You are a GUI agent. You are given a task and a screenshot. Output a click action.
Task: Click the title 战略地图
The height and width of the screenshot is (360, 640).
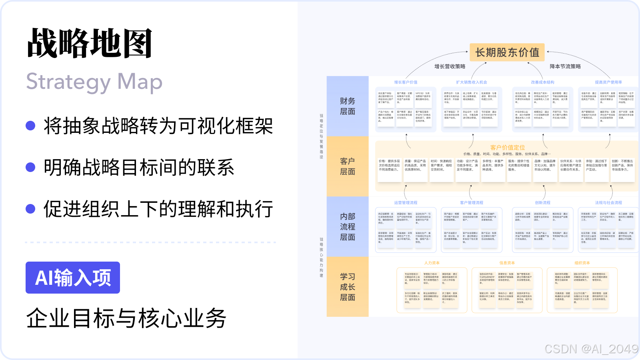click(90, 43)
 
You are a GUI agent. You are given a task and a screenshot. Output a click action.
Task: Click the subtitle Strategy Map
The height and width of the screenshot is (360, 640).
click(94, 82)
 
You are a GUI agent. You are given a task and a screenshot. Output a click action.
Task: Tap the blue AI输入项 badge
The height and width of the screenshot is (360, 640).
click(73, 278)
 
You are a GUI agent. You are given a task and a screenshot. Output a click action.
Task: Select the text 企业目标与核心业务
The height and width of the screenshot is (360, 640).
click(126, 318)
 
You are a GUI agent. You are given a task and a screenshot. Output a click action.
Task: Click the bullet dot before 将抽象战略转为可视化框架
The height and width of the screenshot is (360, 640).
click(30, 126)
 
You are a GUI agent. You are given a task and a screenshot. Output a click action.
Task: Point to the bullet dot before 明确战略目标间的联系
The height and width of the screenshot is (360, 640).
click(30, 167)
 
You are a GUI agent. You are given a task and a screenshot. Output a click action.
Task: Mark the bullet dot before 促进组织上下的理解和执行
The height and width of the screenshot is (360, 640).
click(30, 209)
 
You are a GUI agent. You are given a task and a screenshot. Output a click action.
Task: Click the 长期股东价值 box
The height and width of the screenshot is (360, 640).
click(507, 52)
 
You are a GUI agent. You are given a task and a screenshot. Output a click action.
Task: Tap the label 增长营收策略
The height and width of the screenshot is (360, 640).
click(450, 66)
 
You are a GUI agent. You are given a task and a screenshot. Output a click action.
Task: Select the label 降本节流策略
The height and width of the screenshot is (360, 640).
click(565, 66)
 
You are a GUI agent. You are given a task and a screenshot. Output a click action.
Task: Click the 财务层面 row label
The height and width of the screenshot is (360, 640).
click(348, 106)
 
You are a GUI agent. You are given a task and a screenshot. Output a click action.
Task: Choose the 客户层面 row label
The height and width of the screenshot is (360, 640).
click(348, 166)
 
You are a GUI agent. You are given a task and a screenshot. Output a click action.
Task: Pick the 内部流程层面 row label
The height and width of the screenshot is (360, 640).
click(348, 226)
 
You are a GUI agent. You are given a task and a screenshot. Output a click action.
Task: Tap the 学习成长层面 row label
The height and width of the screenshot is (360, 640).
click(348, 287)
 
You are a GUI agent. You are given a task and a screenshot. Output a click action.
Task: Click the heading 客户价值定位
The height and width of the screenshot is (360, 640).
click(508, 148)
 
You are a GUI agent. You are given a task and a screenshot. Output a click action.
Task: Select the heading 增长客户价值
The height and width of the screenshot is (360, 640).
click(406, 82)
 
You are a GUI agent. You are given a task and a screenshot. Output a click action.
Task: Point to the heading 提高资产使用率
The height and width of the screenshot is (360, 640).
click(608, 82)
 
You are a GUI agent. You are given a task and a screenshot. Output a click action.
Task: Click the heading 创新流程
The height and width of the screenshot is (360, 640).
click(543, 203)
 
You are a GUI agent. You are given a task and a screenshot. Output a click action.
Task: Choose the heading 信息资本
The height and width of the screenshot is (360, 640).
click(507, 263)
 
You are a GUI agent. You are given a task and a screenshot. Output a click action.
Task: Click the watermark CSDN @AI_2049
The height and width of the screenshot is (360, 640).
click(591, 349)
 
